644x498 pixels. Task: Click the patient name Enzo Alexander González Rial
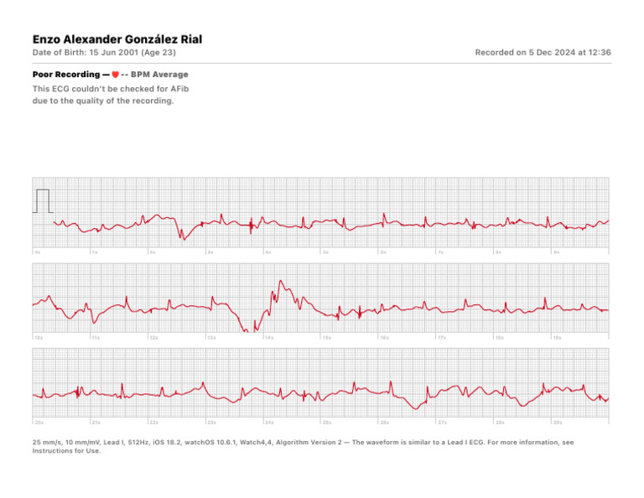pyautogui.click(x=117, y=39)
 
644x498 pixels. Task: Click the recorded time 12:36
pyautogui.click(x=599, y=53)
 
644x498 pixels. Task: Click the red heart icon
pyautogui.click(x=115, y=75)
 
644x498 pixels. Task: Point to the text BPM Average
pyautogui.click(x=159, y=75)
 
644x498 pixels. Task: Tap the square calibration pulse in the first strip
pyautogui.click(x=43, y=201)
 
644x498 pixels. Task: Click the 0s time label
pyautogui.click(x=38, y=252)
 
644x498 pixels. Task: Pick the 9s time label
pyautogui.click(x=556, y=252)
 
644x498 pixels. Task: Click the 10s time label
pyautogui.click(x=39, y=337)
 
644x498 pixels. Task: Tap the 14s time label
pyautogui.click(x=269, y=337)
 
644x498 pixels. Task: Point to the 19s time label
pyautogui.click(x=557, y=337)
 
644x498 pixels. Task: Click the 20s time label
pyautogui.click(x=39, y=423)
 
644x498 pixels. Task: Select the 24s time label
pyautogui.click(x=270, y=423)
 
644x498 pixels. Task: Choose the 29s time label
pyautogui.click(x=558, y=423)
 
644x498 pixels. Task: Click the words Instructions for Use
pyautogui.click(x=65, y=451)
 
